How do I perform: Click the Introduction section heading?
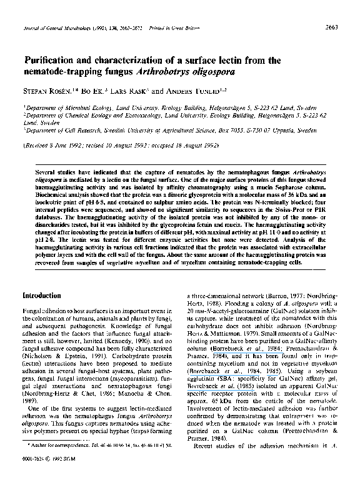click(41, 295)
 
